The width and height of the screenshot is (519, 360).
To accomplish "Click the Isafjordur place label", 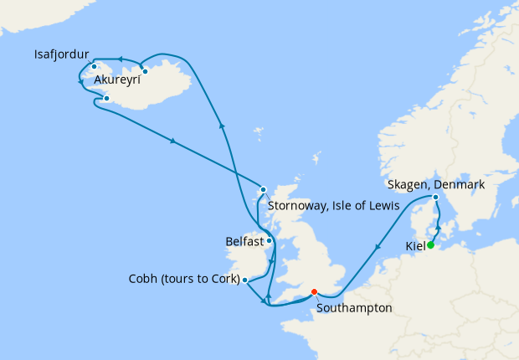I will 62,54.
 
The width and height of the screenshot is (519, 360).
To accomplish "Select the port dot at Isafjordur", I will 95,67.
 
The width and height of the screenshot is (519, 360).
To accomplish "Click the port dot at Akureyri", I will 145,71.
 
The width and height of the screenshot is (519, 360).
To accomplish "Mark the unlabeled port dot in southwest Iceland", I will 106,99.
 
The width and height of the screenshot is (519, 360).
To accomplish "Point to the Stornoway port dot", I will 263,189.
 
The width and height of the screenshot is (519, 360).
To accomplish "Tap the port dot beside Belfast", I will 270,240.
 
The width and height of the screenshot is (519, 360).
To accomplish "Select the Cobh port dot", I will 244,280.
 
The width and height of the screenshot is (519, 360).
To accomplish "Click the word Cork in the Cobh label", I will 224,279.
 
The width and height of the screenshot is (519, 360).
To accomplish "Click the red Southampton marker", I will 314,292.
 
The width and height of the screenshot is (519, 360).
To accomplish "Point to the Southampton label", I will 354,308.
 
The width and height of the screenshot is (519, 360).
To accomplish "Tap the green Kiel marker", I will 430,245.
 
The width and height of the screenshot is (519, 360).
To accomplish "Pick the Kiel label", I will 414,246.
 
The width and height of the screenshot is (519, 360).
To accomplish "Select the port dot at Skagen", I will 435,198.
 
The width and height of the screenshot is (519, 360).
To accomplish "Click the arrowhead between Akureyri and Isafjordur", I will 121,59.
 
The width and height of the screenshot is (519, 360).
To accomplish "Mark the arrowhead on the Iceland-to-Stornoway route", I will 172,141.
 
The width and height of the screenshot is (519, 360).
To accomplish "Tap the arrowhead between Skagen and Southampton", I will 379,246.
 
